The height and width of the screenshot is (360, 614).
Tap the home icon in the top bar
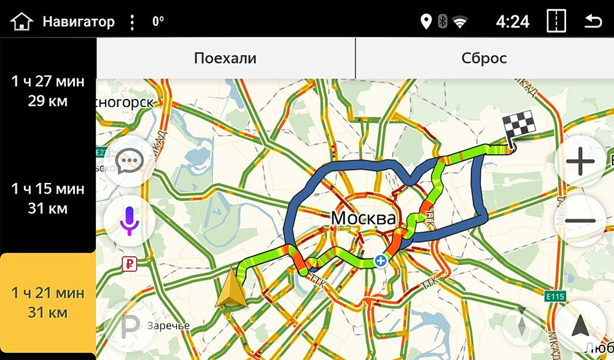(x=21, y=22)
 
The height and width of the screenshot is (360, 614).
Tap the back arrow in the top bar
(x=593, y=22)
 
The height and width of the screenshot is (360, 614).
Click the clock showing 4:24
(x=512, y=22)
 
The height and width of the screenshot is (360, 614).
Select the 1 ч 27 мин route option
(x=48, y=91)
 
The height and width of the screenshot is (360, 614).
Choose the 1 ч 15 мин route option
(x=48, y=198)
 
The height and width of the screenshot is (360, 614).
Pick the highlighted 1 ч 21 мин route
(x=48, y=303)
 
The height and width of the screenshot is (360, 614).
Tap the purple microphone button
(x=130, y=221)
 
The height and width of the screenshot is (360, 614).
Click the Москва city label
(x=363, y=218)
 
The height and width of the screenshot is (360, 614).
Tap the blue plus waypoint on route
(x=381, y=261)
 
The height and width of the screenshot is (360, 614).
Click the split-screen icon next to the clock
(x=556, y=22)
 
